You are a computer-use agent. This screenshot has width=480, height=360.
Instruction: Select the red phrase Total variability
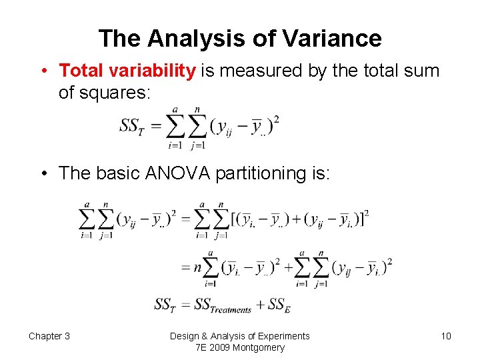[x=127, y=71]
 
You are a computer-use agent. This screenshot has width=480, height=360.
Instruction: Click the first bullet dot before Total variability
[x=43, y=71]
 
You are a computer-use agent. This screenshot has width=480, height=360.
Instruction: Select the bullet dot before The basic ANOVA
[x=43, y=173]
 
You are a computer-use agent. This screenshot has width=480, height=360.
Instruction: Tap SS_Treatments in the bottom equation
[x=223, y=305]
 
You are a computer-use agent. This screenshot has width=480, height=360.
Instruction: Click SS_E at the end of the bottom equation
[x=279, y=305]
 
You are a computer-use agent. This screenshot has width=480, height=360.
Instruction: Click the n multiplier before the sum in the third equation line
[x=197, y=268]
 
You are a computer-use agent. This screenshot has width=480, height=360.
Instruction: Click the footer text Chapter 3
[x=49, y=336]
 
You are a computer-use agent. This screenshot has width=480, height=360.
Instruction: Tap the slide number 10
[x=445, y=336]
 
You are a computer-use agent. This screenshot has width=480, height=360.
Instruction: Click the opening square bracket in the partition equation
[x=233, y=219]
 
